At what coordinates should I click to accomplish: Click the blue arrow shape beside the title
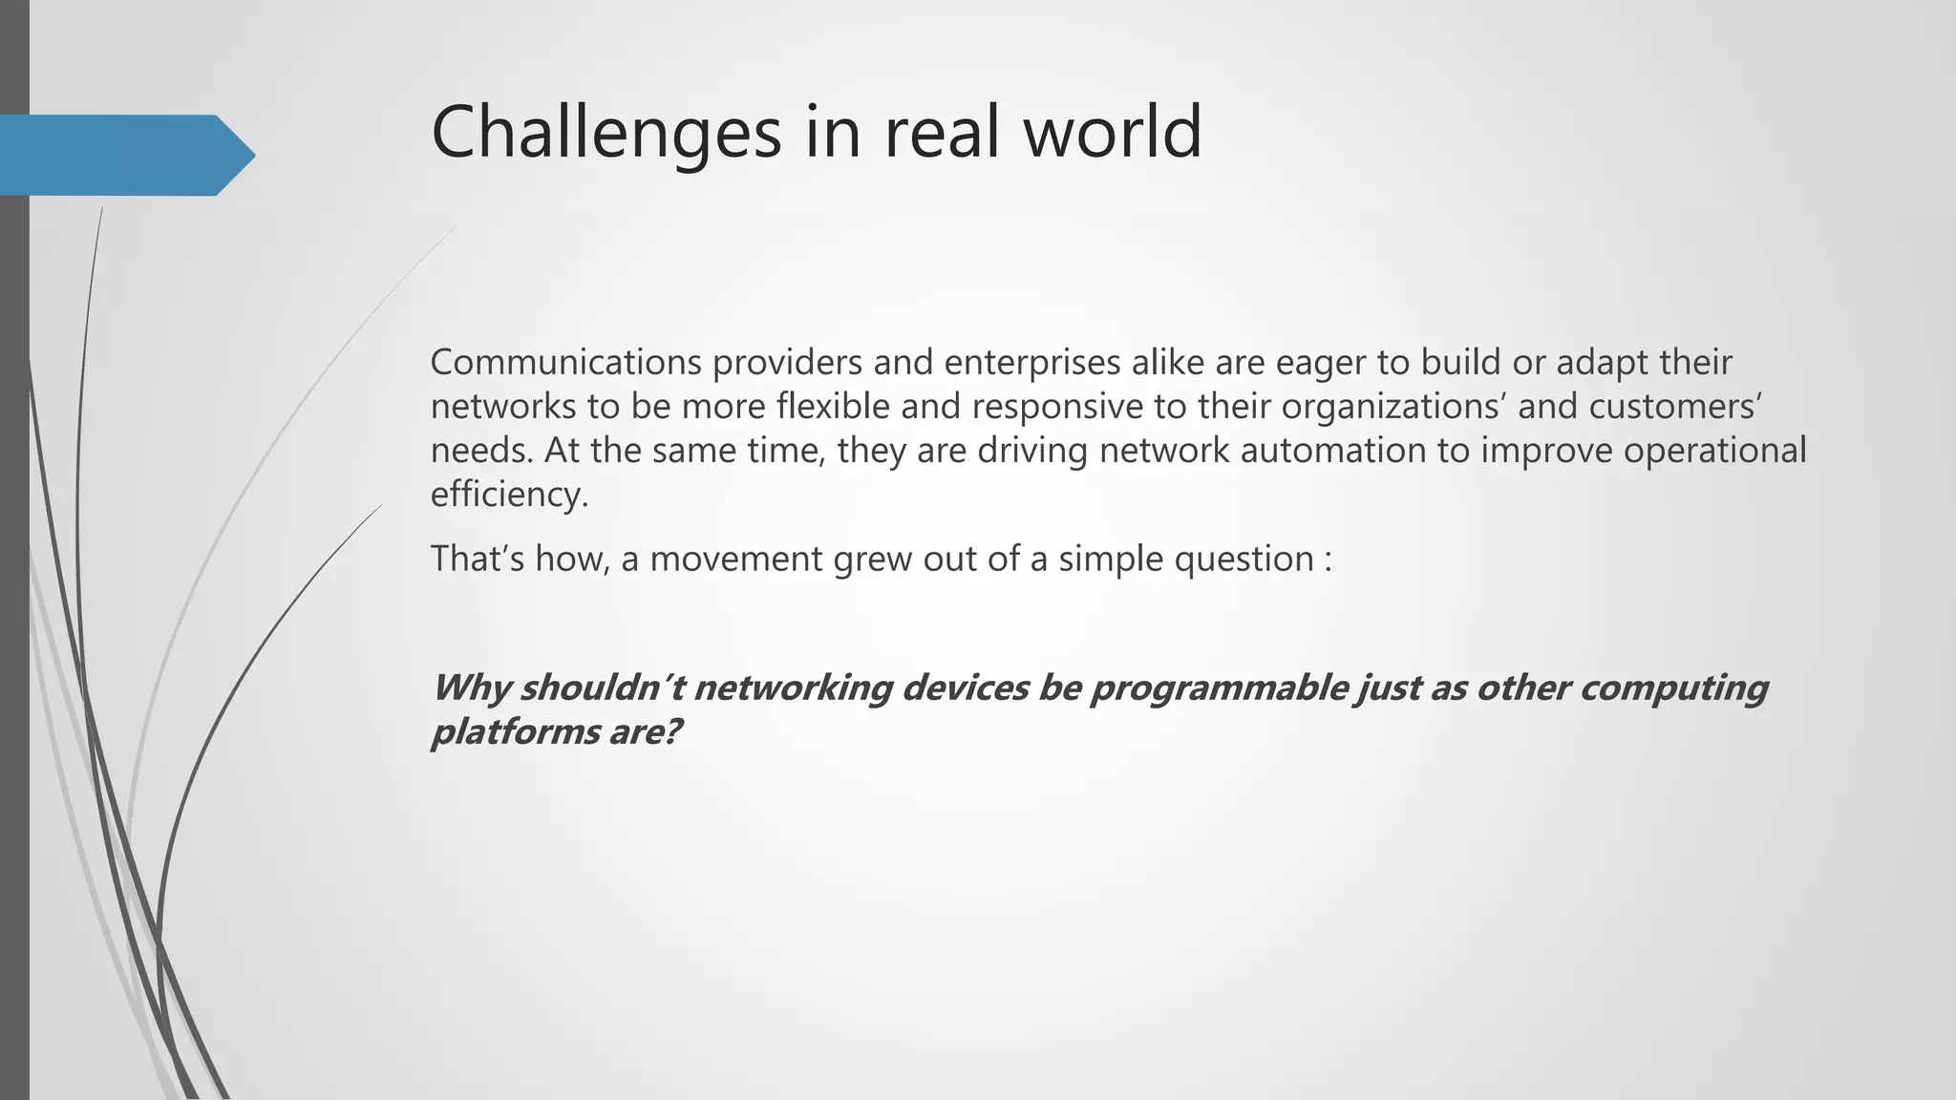[x=124, y=155]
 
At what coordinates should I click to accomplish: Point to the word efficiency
[x=509, y=495]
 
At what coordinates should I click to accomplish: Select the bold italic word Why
[x=469, y=687]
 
